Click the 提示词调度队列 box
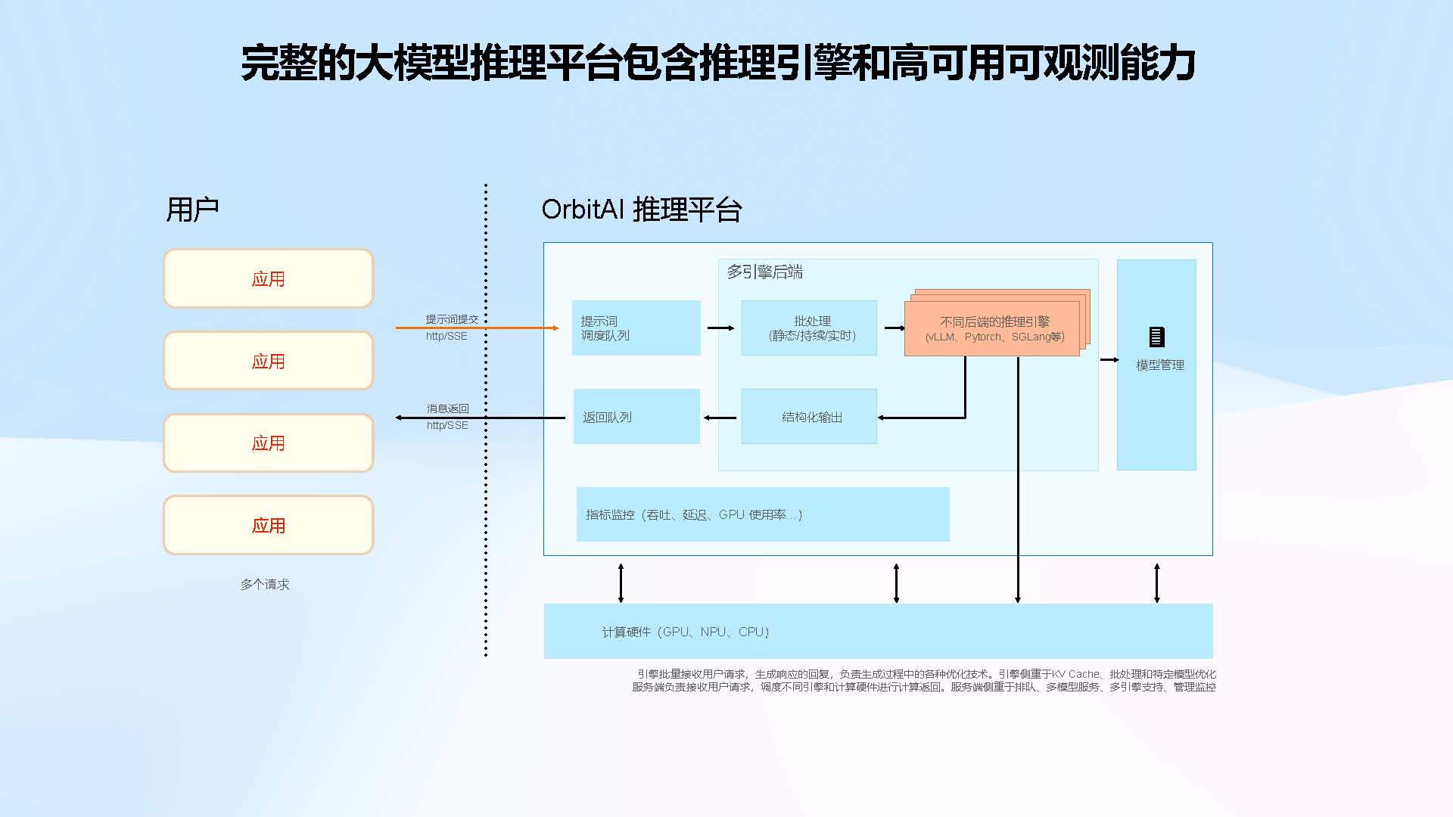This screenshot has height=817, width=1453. click(636, 328)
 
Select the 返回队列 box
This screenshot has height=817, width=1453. click(636, 417)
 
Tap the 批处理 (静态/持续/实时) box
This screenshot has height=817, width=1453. click(809, 328)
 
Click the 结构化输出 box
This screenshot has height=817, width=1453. click(809, 417)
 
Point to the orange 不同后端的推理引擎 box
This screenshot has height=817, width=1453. click(992, 328)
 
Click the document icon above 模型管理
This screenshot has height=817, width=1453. click(1156, 337)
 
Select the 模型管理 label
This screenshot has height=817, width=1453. click(1159, 365)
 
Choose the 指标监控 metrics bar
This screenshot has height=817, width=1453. click(762, 514)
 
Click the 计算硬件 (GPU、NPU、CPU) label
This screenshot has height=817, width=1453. click(685, 632)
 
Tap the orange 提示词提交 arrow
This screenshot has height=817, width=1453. click(477, 328)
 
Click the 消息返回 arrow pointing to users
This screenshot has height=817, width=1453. click(480, 418)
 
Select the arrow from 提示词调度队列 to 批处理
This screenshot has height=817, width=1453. click(720, 328)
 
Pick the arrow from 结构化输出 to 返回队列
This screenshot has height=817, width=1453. click(720, 418)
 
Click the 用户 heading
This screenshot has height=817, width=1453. click(192, 210)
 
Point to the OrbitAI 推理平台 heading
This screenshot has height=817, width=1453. click(641, 210)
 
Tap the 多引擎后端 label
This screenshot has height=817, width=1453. click(764, 272)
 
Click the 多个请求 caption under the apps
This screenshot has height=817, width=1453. click(265, 584)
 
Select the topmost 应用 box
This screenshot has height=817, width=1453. click(269, 278)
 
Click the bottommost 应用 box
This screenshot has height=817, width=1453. click(269, 525)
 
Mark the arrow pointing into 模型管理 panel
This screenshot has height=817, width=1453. click(1109, 360)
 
